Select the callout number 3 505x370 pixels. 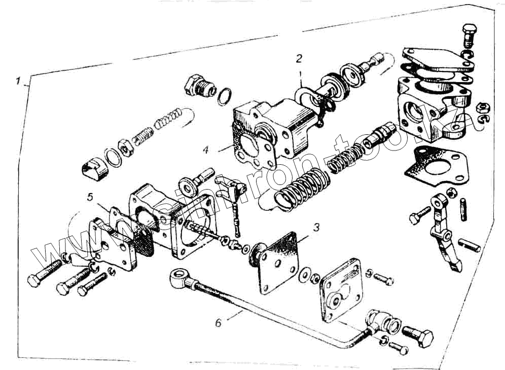coord(315,228)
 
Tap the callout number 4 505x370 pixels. coord(206,150)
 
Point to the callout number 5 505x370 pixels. coord(90,197)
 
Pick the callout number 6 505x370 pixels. coord(219,322)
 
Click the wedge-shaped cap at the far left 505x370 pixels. coord(95,169)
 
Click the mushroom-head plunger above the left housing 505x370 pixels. coord(195,182)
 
